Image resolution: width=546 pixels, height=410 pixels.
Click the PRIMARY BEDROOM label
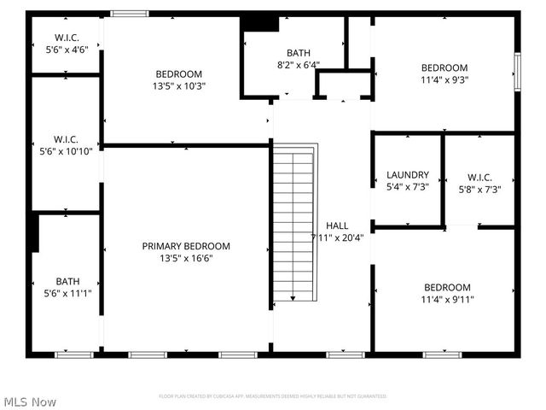(x=186, y=246)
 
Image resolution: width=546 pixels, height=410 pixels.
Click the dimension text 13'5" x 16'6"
(x=186, y=258)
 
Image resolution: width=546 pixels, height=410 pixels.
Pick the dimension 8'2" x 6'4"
(x=299, y=64)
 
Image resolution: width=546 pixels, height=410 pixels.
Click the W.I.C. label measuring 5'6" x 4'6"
(x=67, y=38)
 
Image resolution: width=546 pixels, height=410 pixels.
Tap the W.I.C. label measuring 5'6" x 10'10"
(x=67, y=139)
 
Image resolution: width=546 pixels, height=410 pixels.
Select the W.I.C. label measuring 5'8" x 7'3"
(x=479, y=177)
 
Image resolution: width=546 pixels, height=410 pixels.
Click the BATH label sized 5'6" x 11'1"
(x=67, y=281)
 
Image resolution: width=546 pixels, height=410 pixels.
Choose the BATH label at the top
(x=299, y=52)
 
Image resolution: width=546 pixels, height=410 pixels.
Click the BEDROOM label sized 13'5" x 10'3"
(x=178, y=73)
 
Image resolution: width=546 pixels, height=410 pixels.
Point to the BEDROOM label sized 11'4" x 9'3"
(x=444, y=68)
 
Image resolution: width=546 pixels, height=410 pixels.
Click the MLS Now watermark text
(x=30, y=401)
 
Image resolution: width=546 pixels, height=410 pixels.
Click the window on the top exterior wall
(x=130, y=14)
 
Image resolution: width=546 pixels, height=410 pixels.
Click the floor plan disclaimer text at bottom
(x=273, y=396)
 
